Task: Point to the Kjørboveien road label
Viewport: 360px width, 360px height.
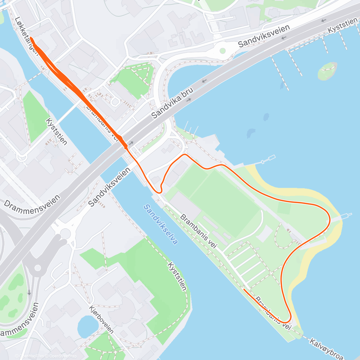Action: tap(101, 319)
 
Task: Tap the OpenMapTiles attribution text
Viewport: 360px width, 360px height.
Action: tap(31, 356)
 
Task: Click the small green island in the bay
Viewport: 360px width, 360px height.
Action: tap(327, 71)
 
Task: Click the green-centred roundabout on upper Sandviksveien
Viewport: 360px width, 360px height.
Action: tap(222, 50)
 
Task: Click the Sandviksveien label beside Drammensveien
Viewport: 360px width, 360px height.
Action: tap(110, 187)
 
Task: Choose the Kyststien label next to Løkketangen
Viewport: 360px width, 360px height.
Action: tap(56, 131)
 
